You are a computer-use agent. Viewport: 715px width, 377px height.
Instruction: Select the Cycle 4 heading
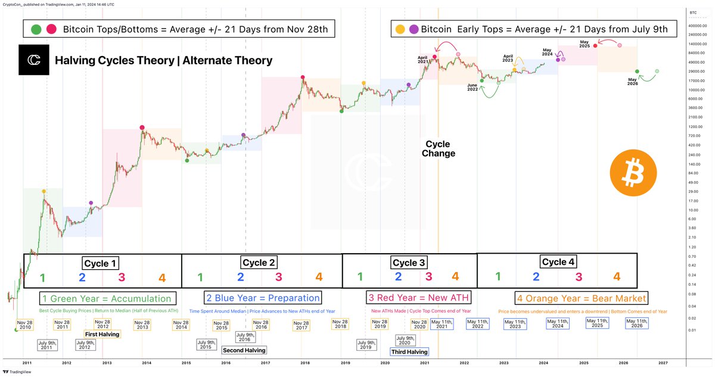pos(558,261)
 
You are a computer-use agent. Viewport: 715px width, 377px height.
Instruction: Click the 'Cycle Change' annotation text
pos(438,148)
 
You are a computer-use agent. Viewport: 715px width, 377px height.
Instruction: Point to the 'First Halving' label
pos(102,334)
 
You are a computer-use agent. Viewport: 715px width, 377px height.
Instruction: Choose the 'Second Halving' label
pos(244,350)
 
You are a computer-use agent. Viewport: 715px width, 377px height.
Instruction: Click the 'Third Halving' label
pos(409,352)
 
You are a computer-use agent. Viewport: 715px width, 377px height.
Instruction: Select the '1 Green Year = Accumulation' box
pos(107,298)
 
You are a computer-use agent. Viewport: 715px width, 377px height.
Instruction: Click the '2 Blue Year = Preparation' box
pos(262,298)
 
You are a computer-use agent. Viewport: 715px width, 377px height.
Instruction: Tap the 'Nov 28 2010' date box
pos(26,324)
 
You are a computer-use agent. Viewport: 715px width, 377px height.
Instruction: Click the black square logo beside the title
pos(33,60)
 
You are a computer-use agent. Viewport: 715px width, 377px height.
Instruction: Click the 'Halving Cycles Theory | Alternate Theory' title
pos(163,61)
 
